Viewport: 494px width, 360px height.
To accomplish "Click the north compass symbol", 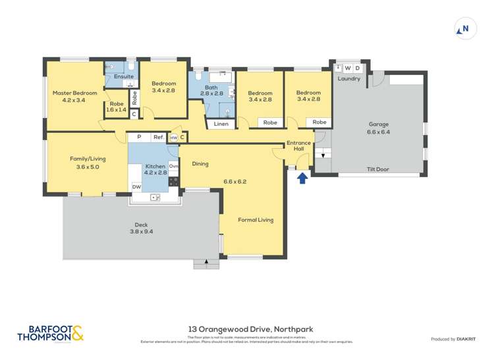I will point(464,28).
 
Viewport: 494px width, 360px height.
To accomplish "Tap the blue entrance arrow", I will point(302,177).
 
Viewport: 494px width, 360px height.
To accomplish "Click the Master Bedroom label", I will point(74,93).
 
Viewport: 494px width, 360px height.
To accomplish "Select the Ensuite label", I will point(124,76).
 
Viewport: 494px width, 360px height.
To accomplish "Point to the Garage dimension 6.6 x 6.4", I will point(379,132).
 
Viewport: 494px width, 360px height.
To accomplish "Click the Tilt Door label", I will point(378,169).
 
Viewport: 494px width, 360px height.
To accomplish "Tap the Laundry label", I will point(348,79).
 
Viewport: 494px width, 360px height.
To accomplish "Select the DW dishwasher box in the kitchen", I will point(136,187).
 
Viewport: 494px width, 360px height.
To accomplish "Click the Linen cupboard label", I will point(221,124).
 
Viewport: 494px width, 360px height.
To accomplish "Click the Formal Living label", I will point(256,220).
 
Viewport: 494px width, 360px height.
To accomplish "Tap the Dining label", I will point(200,164).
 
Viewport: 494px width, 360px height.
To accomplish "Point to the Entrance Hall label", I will point(298,146).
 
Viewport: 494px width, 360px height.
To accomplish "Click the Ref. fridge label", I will point(158,137).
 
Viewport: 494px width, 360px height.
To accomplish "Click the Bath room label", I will point(211,90).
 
